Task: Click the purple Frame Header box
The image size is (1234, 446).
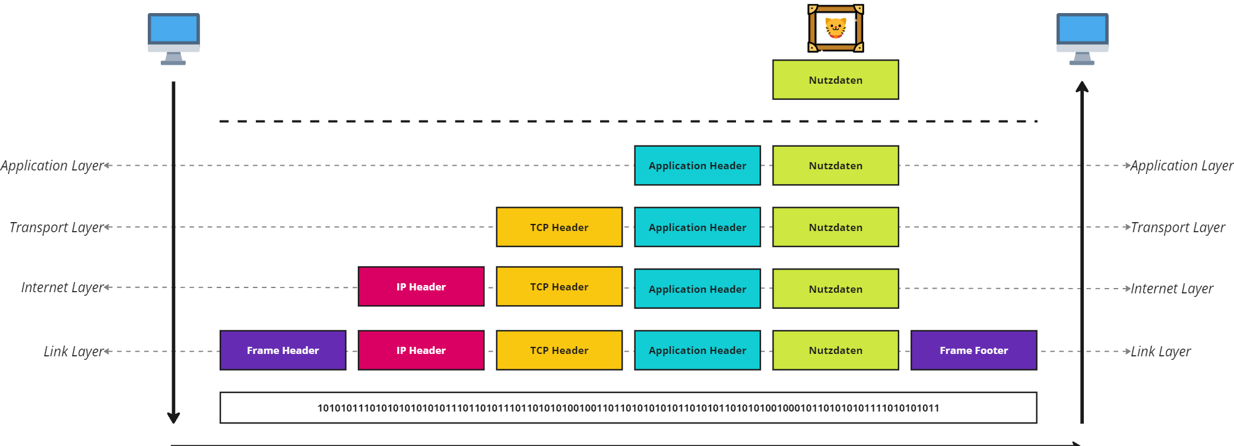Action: (283, 350)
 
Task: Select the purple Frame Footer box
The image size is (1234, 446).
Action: (974, 350)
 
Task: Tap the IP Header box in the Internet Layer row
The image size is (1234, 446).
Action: (421, 287)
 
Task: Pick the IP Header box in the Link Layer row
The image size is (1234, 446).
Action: (421, 350)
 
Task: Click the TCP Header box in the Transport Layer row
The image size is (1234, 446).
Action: (560, 227)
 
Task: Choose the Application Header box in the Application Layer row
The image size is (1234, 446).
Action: (697, 166)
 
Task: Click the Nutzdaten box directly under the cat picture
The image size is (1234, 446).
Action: (836, 80)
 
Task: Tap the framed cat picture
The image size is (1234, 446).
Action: (836, 29)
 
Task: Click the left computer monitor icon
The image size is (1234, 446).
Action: (174, 39)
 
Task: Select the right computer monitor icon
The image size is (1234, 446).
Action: (1083, 39)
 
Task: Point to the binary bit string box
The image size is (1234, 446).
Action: (629, 408)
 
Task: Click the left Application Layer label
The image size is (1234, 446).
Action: (52, 166)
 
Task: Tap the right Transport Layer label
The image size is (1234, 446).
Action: (1178, 227)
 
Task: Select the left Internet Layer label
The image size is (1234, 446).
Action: (63, 287)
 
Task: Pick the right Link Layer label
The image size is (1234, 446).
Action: (1161, 352)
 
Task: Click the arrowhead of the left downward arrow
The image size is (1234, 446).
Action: (173, 418)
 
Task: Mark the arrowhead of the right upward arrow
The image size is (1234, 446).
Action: (1082, 87)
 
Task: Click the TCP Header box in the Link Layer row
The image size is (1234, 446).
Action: (560, 350)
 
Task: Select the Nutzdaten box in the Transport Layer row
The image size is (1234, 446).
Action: (836, 227)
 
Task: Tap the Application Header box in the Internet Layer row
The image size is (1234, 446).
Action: (697, 289)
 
